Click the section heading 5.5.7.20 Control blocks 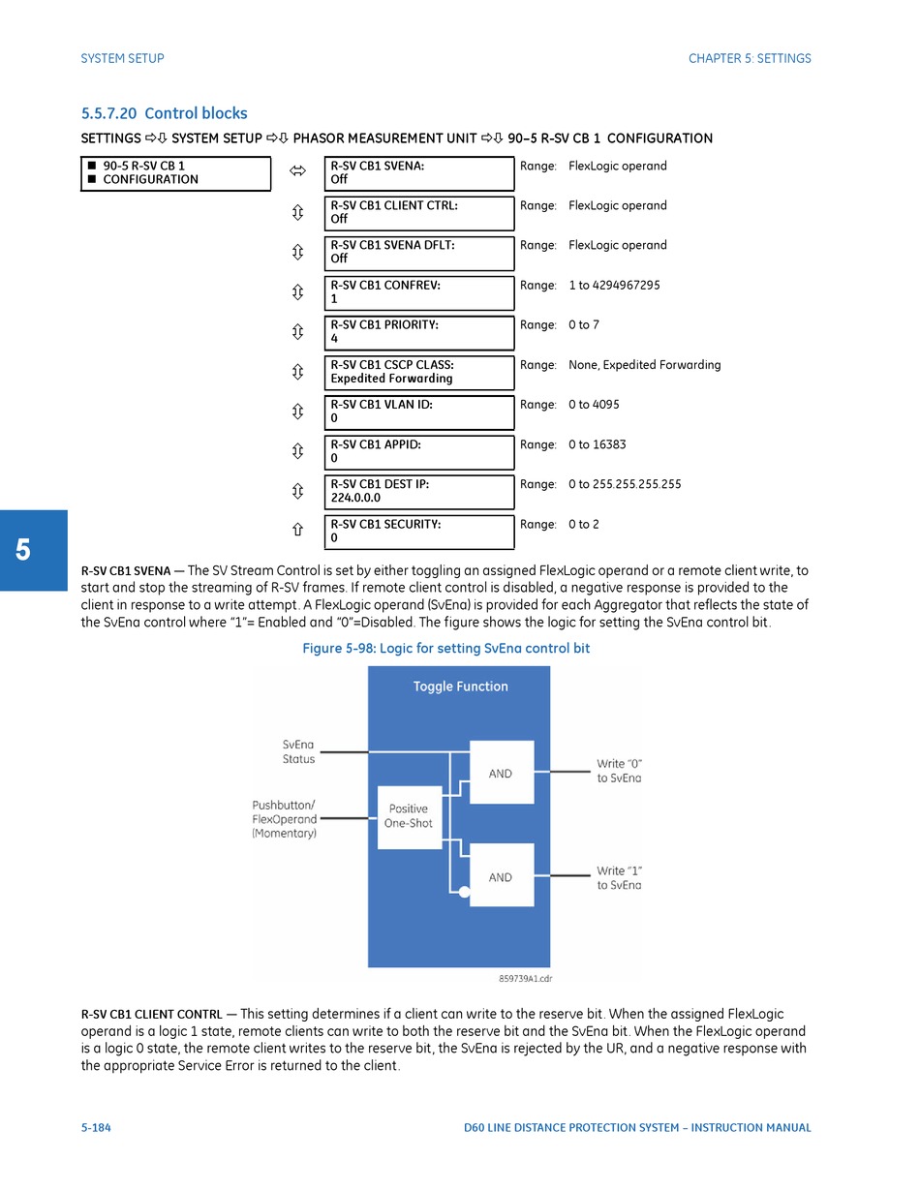pos(164,113)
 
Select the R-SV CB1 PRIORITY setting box pos(418,332)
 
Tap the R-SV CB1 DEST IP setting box pos(418,491)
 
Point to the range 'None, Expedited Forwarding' pos(644,365)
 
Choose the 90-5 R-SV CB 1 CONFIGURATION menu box pos(175,173)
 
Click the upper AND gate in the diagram pos(501,773)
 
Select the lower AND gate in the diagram pos(501,876)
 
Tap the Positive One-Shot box pos(409,816)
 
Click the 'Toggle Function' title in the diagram pos(460,687)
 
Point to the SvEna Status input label pos(298,751)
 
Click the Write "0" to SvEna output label pos(619,771)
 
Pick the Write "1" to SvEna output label pos(619,877)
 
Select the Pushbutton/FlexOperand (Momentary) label pos(284,818)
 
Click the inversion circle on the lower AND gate pos(465,892)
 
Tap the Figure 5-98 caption pos(445,649)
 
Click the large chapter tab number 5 pos(22,550)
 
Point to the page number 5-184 pos(96,1127)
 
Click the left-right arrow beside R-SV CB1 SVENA pos(297,172)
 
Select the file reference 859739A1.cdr pos(525,979)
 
